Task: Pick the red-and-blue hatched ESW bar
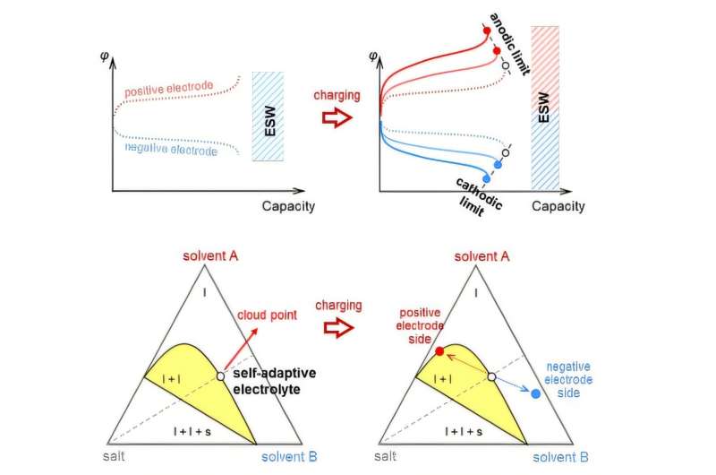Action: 545,108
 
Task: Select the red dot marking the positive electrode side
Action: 439,350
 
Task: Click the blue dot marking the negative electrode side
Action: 535,393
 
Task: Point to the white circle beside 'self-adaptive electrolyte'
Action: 220,376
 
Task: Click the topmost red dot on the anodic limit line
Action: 486,30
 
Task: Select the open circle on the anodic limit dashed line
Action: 506,65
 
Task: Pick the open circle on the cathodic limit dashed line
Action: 506,153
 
